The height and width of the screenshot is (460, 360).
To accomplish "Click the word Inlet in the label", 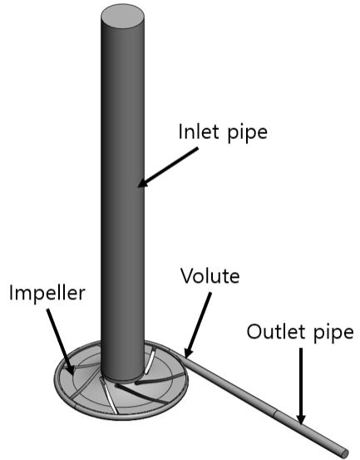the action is pyautogui.click(x=199, y=131).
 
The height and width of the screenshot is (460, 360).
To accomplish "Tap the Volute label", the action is pyautogui.click(x=210, y=275).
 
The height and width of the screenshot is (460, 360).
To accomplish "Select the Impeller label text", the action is pyautogui.click(x=47, y=294).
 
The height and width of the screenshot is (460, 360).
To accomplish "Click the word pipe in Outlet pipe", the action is pyautogui.click(x=334, y=334).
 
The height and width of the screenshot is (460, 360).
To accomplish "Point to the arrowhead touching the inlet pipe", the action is pyautogui.click(x=144, y=182).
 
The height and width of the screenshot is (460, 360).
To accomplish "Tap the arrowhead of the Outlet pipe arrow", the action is pyautogui.click(x=300, y=419).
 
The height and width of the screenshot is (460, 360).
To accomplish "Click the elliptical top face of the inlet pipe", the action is pyautogui.click(x=122, y=17).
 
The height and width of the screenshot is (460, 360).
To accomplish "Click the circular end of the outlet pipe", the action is pyautogui.click(x=345, y=453).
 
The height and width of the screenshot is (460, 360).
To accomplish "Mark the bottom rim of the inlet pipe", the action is pyautogui.click(x=122, y=378).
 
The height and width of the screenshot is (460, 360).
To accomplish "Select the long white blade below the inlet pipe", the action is pyautogui.click(x=108, y=396).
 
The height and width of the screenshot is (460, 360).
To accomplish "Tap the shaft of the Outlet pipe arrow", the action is pyautogui.click(x=301, y=381).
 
